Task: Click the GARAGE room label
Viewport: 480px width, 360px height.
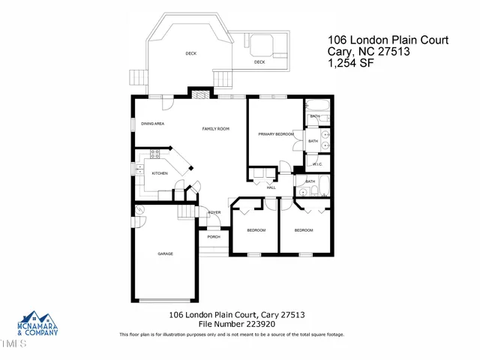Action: point(165,254)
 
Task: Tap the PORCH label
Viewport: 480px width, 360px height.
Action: point(214,237)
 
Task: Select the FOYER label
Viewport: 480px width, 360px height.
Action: point(214,213)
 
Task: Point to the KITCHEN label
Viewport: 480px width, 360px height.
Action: point(160,174)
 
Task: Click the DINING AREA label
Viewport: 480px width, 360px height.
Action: point(153,123)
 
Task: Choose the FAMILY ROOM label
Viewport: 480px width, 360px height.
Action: point(215,129)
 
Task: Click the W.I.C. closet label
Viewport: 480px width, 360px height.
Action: point(317,164)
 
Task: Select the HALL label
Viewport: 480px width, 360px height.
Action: point(282,187)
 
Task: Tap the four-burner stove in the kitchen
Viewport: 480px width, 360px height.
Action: point(156,154)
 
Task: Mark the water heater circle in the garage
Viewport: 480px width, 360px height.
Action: point(140,220)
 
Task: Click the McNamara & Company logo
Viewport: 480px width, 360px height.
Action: point(37,323)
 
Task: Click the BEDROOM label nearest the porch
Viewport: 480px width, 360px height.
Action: point(256,230)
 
